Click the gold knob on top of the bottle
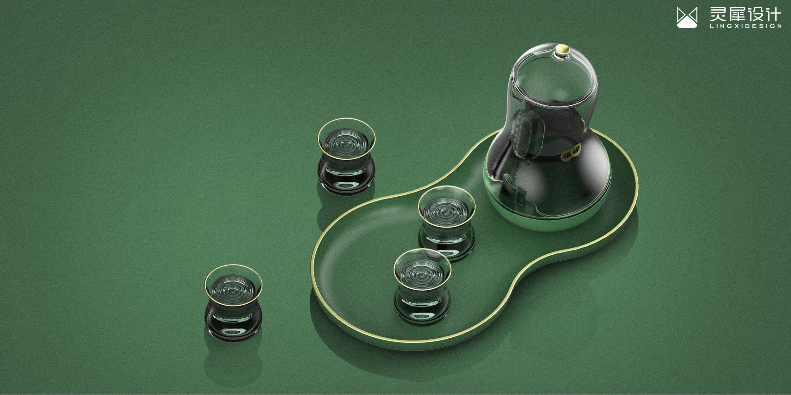click(562, 49)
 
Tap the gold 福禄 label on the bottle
click(571, 152)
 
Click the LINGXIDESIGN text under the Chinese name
click(745, 26)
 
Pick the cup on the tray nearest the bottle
click(447, 223)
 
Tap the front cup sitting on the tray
click(422, 286)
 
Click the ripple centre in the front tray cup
click(423, 271)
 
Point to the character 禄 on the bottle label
click(576, 149)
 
